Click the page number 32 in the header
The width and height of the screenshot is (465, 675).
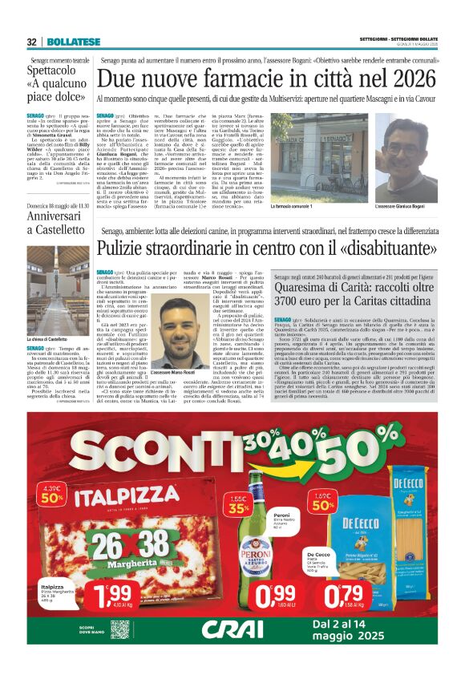[x=31, y=42]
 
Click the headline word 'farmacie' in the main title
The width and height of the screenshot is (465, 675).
[x=247, y=81]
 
